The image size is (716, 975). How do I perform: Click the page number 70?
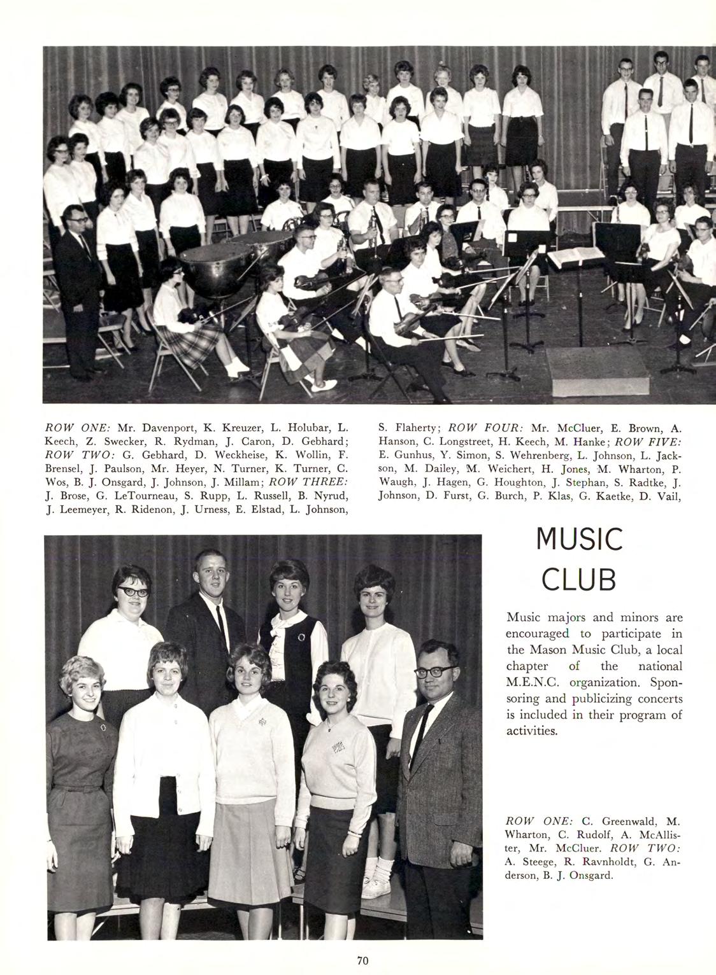tap(363, 961)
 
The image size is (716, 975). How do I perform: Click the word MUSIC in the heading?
tap(579, 540)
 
